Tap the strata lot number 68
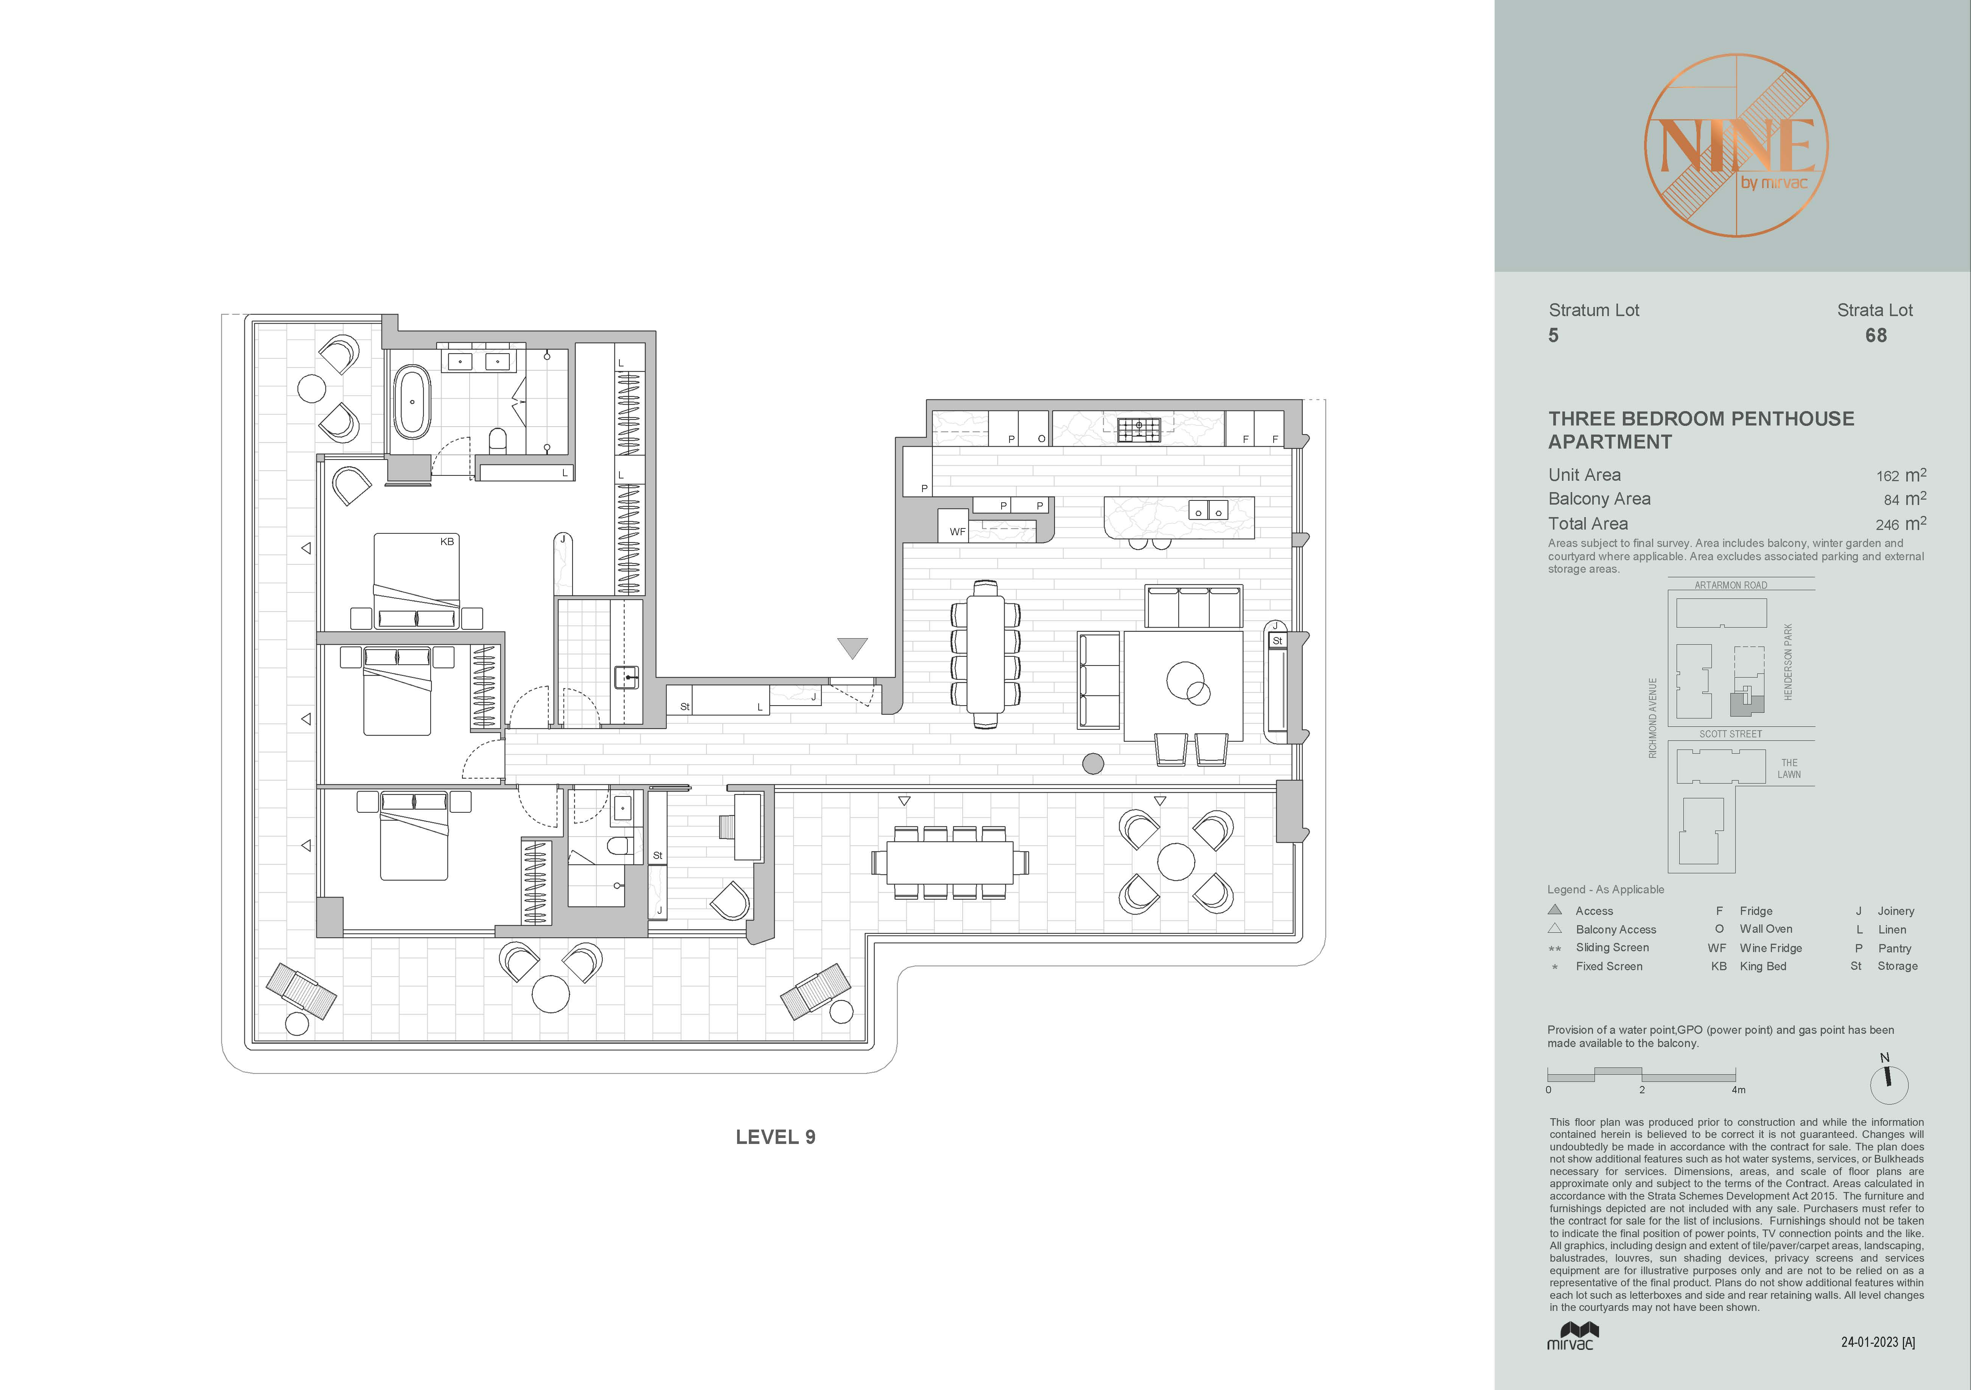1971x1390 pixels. click(1876, 336)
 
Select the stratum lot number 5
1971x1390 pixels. click(1553, 336)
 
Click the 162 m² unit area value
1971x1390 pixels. click(1901, 475)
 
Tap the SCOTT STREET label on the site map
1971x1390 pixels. click(1731, 734)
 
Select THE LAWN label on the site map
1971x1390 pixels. click(1789, 768)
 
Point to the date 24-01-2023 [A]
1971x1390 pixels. click(1878, 1342)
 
